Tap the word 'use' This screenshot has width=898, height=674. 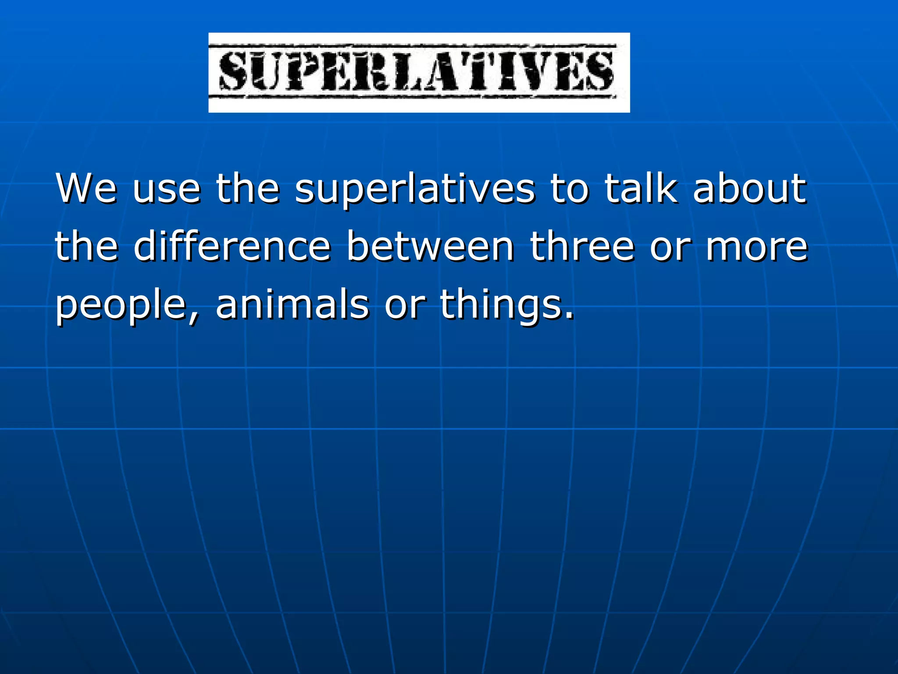click(167, 190)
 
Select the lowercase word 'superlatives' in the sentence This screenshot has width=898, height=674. click(415, 190)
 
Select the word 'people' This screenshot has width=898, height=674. click(121, 306)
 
